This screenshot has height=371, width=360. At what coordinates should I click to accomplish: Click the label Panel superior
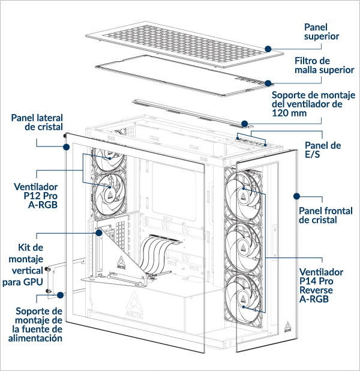click(322, 32)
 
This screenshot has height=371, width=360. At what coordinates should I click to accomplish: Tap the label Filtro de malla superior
click(324, 65)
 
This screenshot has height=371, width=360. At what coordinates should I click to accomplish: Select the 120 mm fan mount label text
click(313, 104)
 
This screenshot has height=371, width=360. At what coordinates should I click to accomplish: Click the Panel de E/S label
click(323, 149)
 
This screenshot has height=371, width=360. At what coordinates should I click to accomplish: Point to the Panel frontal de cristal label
click(326, 215)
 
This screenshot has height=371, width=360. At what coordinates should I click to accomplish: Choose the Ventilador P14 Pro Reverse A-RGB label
click(322, 285)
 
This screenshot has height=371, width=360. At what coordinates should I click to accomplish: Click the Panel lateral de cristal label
click(37, 122)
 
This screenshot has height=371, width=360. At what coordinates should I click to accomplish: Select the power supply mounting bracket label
click(38, 324)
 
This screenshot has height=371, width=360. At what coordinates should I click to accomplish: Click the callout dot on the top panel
click(268, 47)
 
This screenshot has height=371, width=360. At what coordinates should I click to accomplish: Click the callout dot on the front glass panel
click(295, 196)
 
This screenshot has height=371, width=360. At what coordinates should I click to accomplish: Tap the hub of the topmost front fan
click(245, 193)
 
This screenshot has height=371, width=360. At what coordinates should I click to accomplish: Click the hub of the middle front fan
click(245, 245)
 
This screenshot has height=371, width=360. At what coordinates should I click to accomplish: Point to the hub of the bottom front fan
click(245, 296)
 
